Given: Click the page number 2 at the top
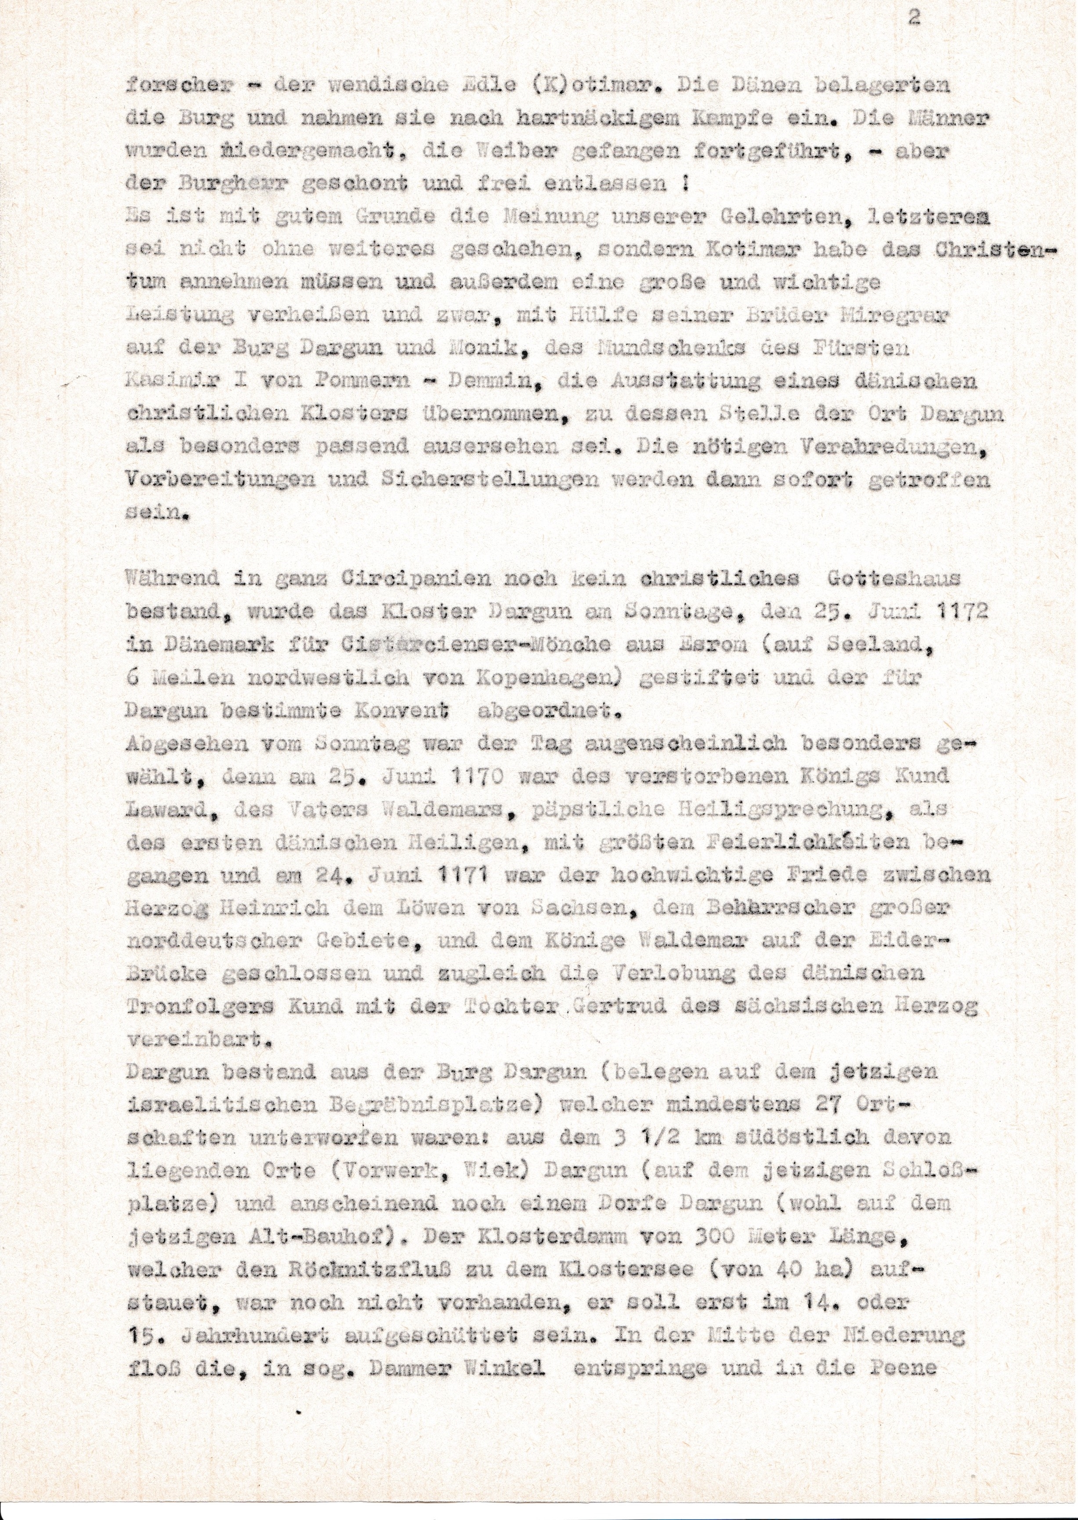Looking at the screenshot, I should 914,18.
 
